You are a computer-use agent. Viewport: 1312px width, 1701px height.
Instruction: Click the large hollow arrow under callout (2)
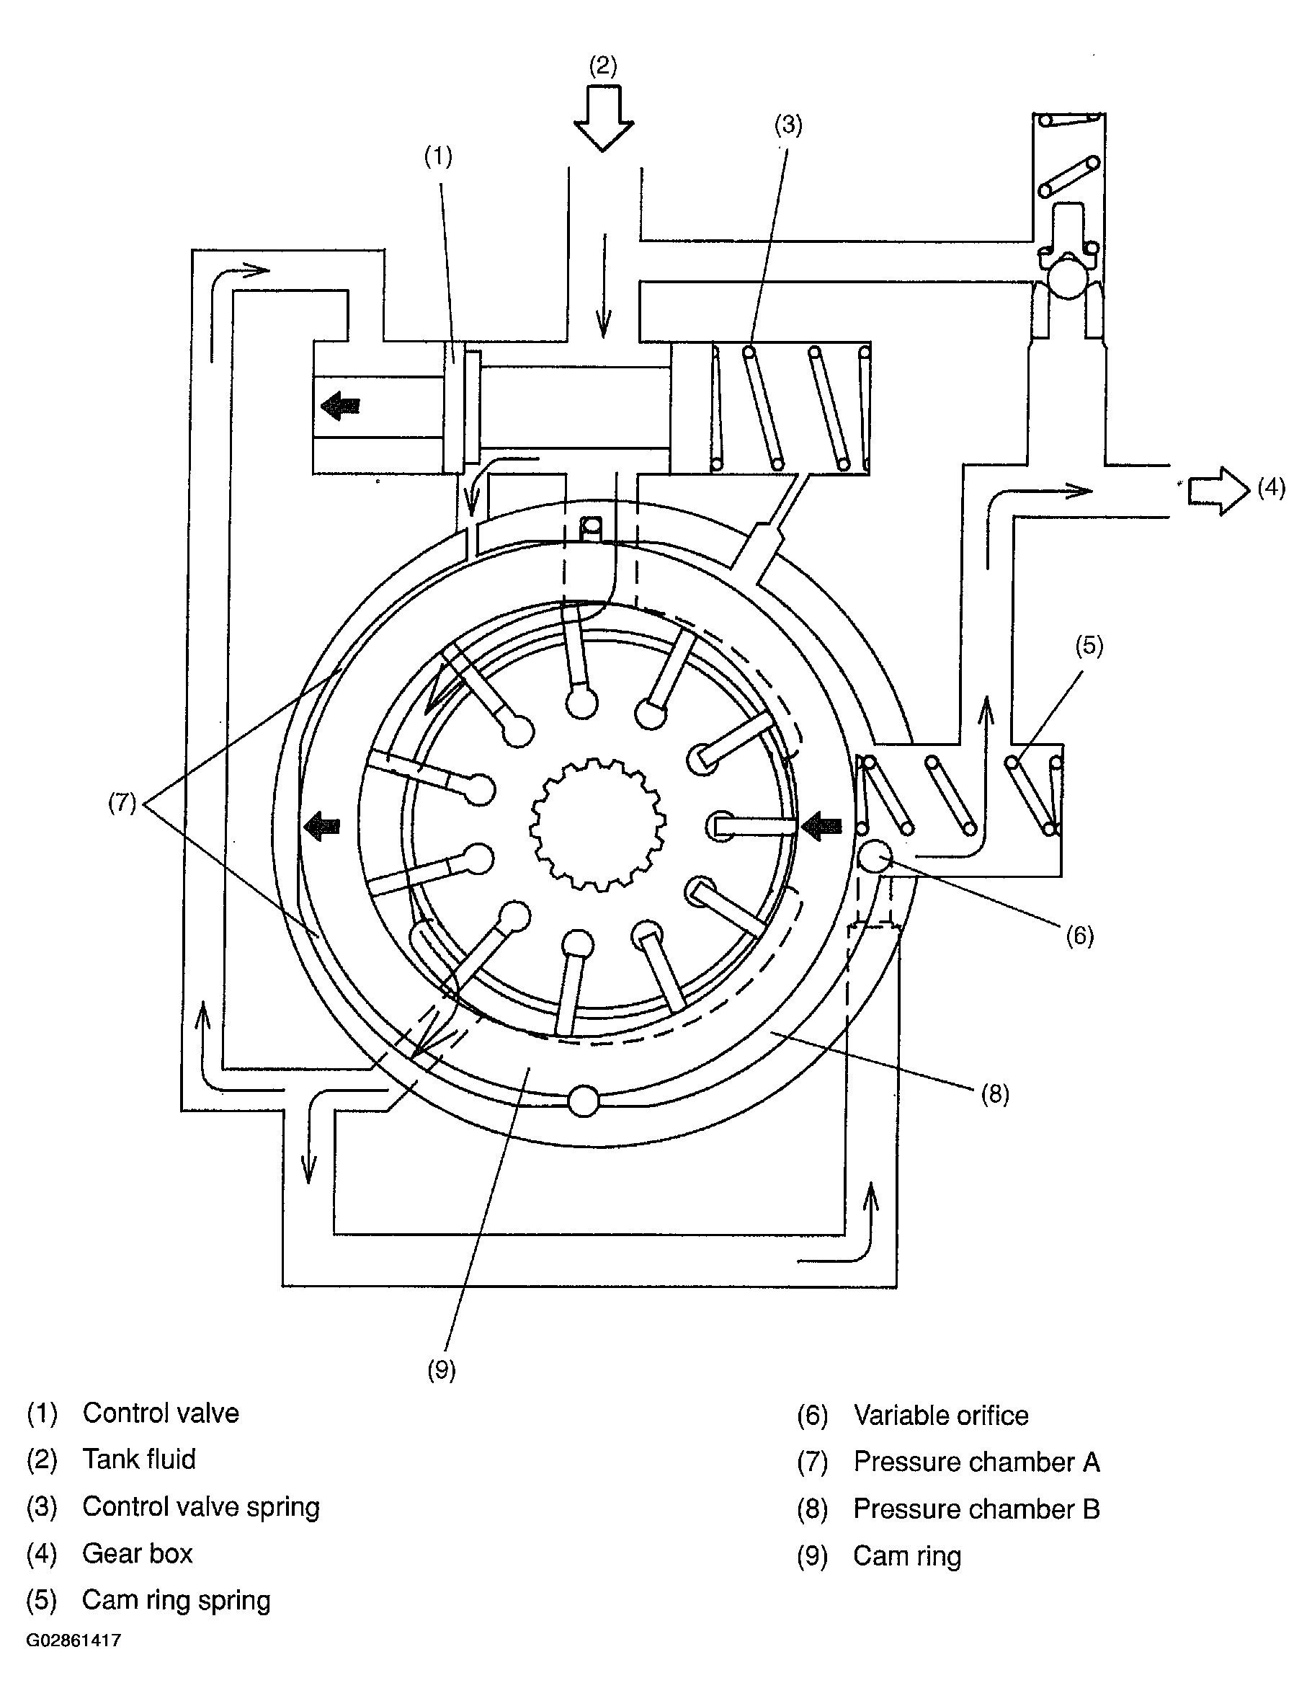click(604, 117)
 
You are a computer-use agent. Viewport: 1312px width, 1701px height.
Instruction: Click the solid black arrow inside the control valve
click(340, 406)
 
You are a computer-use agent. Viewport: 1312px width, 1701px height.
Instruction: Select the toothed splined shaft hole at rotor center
click(598, 824)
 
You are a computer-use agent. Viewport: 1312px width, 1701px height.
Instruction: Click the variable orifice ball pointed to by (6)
click(875, 858)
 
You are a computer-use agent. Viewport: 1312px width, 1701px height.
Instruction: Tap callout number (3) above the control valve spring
click(788, 125)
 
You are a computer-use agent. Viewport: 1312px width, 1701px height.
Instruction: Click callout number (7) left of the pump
click(122, 803)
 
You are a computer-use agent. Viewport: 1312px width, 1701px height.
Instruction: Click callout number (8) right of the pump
click(995, 1094)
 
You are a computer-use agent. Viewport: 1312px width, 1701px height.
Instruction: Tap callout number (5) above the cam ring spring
click(1089, 646)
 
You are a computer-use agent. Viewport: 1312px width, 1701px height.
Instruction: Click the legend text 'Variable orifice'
click(941, 1415)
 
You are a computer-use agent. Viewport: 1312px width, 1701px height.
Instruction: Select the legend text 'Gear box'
click(137, 1553)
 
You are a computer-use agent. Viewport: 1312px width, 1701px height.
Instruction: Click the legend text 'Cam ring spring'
click(176, 1600)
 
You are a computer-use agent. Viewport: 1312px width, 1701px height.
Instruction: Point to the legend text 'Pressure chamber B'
click(976, 1509)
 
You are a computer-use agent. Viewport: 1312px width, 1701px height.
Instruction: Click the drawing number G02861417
click(73, 1641)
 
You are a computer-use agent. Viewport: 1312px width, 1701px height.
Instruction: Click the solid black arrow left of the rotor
click(321, 827)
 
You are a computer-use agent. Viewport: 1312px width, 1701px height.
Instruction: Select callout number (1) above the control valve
click(437, 156)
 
